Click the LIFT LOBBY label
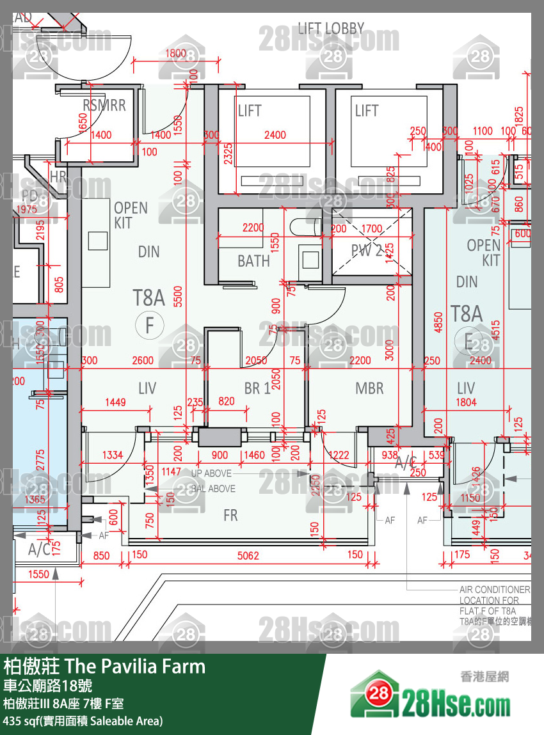click(x=331, y=28)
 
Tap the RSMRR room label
click(x=104, y=106)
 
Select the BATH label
click(x=253, y=261)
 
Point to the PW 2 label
click(x=367, y=251)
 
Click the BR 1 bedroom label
click(x=256, y=388)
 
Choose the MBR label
click(x=369, y=388)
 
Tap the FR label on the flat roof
click(x=230, y=516)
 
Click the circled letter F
click(x=150, y=326)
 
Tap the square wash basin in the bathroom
click(x=310, y=260)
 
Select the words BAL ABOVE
click(x=213, y=489)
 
